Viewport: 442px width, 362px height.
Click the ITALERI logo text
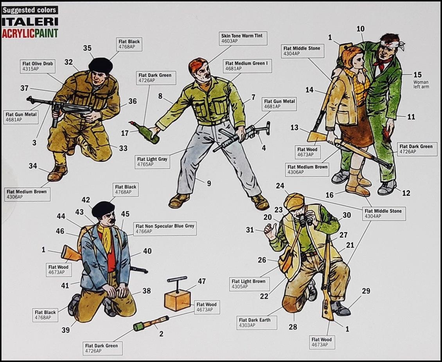point(30,22)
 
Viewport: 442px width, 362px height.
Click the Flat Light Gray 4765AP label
point(152,161)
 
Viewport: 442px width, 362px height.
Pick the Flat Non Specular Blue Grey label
point(165,228)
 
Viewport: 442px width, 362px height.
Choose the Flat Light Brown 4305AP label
point(248,283)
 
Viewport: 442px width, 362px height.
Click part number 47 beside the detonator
point(202,281)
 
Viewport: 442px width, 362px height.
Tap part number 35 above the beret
point(87,48)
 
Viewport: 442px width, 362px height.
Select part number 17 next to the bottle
point(124,133)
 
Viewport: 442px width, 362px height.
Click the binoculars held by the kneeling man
point(306,221)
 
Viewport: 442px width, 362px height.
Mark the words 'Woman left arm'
point(421,84)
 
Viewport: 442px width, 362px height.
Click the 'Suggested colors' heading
point(29,10)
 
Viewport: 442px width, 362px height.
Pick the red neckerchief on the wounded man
point(379,63)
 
